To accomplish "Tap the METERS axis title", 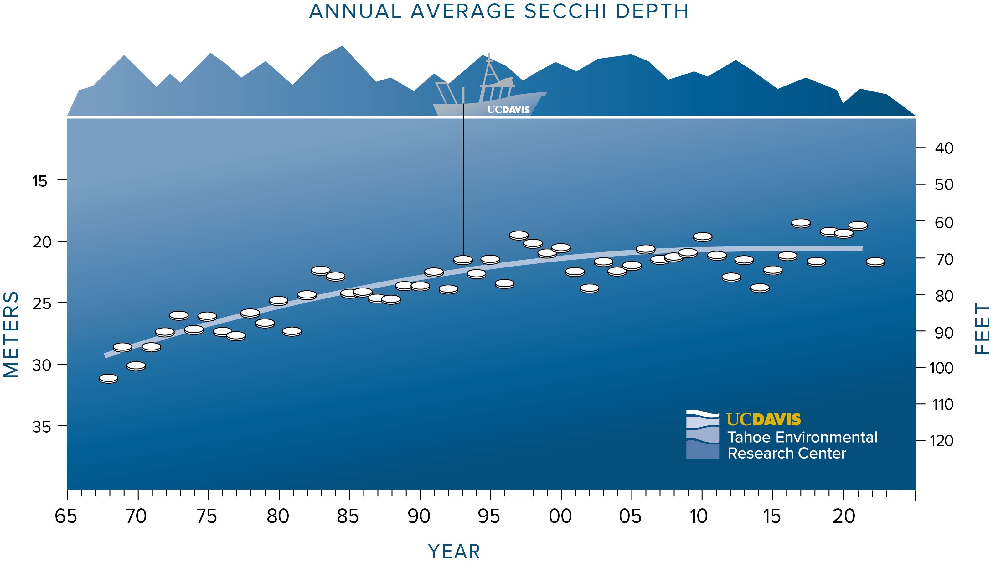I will tap(11, 334).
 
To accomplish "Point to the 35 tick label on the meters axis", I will tap(42, 427).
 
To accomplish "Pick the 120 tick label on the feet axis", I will tap(942, 441).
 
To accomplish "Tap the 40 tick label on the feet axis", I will tap(944, 148).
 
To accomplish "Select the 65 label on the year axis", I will tap(66, 516).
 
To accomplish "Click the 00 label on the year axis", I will tap(560, 516).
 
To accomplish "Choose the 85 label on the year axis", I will tap(348, 516).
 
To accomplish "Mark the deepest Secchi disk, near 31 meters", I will tap(109, 378).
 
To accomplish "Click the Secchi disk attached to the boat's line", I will tap(463, 260).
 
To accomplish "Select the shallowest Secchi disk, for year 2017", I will tap(801, 223).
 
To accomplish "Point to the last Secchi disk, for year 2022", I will tap(875, 262).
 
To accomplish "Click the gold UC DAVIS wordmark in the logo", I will tap(763, 419).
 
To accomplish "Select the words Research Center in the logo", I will tap(787, 453).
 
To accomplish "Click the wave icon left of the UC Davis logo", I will tap(702, 434).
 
